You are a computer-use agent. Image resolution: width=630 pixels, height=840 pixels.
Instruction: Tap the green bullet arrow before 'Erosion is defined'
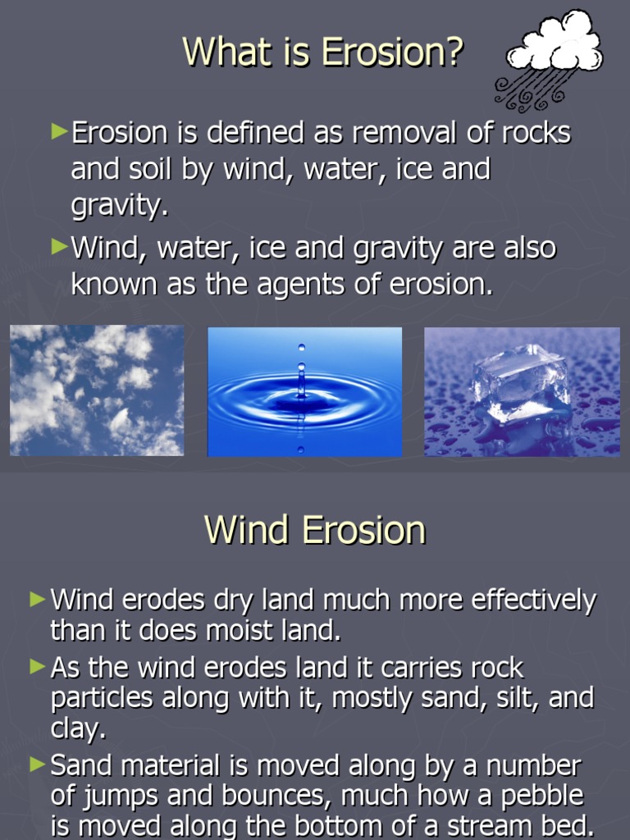pos(58,131)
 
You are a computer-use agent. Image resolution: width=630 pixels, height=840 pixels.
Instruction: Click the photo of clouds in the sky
pos(97,390)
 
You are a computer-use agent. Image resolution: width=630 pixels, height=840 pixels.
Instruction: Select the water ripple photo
pos(304,391)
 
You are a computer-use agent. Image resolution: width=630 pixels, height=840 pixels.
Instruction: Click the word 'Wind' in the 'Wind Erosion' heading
pos(248,530)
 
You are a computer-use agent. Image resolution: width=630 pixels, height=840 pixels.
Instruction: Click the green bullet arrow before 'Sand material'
pos(37,765)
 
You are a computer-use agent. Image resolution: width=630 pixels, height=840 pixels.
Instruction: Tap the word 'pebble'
pos(542,796)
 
